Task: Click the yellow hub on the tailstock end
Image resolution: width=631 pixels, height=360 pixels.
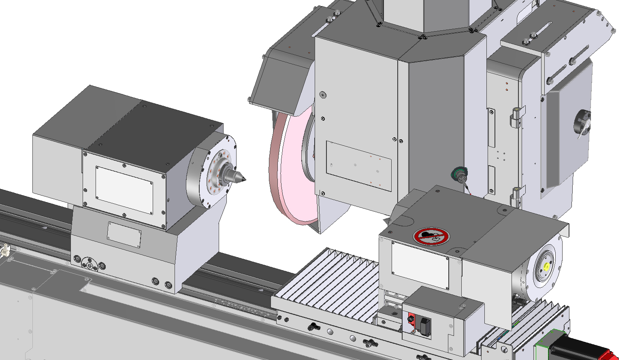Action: (547, 266)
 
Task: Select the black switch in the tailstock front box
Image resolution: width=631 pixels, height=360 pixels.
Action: (425, 326)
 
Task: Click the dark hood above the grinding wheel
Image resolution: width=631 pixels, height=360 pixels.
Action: (279, 81)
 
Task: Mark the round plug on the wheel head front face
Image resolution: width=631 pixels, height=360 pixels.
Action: (322, 95)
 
